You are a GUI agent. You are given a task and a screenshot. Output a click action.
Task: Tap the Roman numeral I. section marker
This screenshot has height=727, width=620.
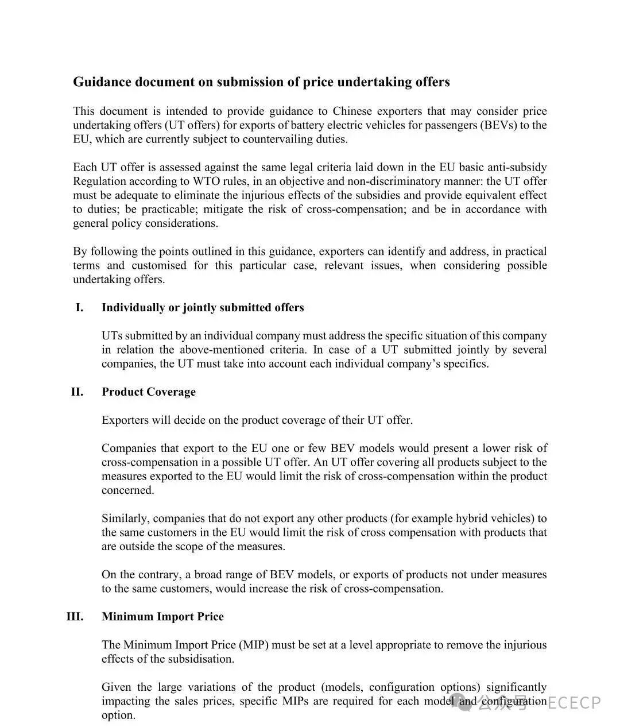coord(79,308)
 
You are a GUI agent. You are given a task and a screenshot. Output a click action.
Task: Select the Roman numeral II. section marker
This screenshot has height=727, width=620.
coord(77,392)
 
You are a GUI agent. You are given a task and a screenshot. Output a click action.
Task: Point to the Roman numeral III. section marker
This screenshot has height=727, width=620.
coord(75,617)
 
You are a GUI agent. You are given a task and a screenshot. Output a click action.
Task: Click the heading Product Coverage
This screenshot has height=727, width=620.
coord(149,392)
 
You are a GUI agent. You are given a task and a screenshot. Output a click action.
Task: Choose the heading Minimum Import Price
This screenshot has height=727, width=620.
coord(162,617)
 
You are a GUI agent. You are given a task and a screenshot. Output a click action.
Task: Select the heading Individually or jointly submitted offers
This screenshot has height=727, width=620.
coord(203,308)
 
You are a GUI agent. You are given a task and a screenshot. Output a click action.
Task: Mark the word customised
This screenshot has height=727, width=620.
coord(159,265)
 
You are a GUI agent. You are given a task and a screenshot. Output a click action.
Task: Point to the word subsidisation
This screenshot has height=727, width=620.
coord(200,659)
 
